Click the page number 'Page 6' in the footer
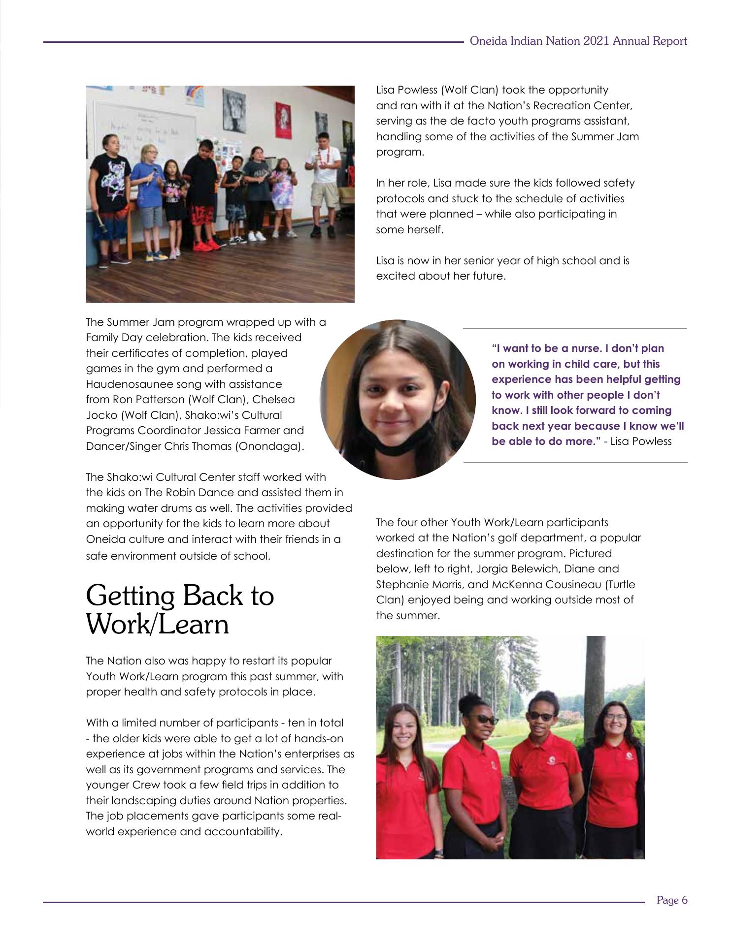pyautogui.click(x=671, y=900)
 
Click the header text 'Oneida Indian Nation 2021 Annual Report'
pyautogui.click(x=578, y=41)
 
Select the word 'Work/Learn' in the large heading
pyautogui.click(x=157, y=625)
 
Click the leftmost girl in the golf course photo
pyautogui.click(x=404, y=783)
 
